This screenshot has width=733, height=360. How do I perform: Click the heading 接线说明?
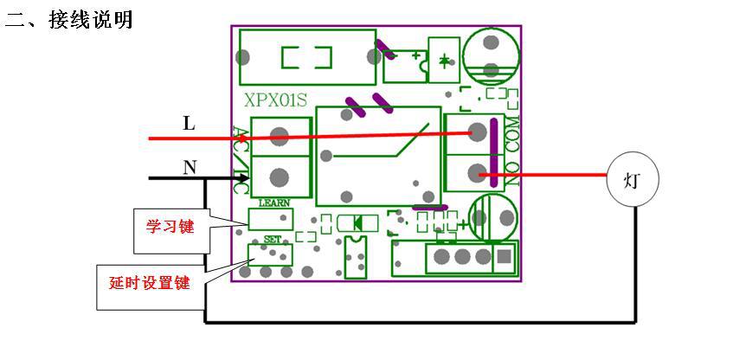tap(91, 20)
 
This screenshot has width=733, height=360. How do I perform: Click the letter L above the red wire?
tap(189, 124)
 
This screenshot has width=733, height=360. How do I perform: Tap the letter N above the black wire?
tap(190, 167)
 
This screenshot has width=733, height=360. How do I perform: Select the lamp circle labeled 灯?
tap(633, 180)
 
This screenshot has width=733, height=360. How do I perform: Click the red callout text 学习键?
tap(170, 228)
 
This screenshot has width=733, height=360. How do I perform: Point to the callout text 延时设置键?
tap(150, 283)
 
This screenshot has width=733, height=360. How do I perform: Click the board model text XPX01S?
tap(275, 100)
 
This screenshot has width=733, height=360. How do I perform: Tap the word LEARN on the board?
tap(274, 202)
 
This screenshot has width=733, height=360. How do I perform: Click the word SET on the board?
tap(273, 240)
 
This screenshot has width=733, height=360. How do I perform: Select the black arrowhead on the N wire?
tap(243, 178)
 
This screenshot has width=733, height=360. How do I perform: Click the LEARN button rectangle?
tap(271, 219)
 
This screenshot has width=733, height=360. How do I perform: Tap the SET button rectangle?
tap(270, 254)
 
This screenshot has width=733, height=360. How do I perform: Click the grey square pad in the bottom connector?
tap(504, 256)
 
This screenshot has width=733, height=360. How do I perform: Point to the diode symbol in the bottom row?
tap(357, 223)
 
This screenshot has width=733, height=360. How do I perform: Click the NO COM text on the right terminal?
tap(513, 151)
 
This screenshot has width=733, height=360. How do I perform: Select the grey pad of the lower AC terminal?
tap(280, 177)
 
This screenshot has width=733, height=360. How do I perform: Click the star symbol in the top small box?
tap(444, 60)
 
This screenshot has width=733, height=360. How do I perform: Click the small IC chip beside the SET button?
tap(356, 257)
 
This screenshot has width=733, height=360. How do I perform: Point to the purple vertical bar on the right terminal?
tap(492, 149)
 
